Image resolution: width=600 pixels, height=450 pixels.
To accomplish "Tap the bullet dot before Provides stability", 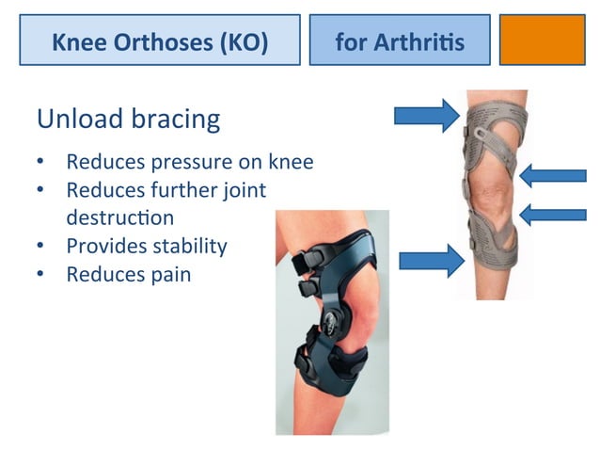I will pyautogui.click(x=41, y=247).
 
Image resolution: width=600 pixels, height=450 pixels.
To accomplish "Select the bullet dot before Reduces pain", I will pyautogui.click(x=41, y=275).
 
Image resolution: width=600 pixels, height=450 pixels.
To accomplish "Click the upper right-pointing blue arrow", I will pyautogui.click(x=426, y=116).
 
